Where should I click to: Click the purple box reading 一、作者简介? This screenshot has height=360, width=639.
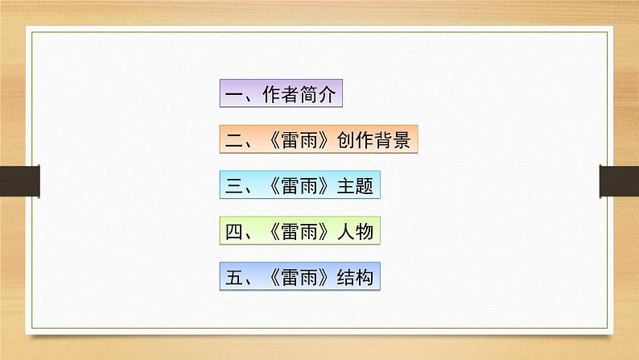click(282, 95)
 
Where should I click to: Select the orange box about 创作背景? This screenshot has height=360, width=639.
click(319, 141)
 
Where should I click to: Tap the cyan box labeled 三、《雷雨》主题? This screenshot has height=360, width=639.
click(299, 186)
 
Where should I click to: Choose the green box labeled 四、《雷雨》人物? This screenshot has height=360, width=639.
click(299, 232)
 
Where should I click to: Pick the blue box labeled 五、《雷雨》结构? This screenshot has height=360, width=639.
click(299, 278)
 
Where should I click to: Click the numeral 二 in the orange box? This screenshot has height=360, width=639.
click(234, 141)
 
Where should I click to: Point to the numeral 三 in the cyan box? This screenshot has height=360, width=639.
click(234, 186)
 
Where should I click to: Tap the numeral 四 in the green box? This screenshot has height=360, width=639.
click(234, 232)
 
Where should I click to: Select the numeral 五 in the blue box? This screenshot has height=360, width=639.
click(234, 278)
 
